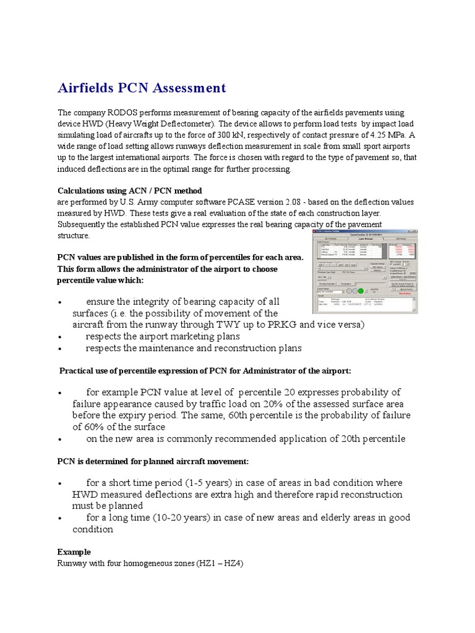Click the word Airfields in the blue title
[x=87, y=88]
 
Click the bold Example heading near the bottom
[x=74, y=551]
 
